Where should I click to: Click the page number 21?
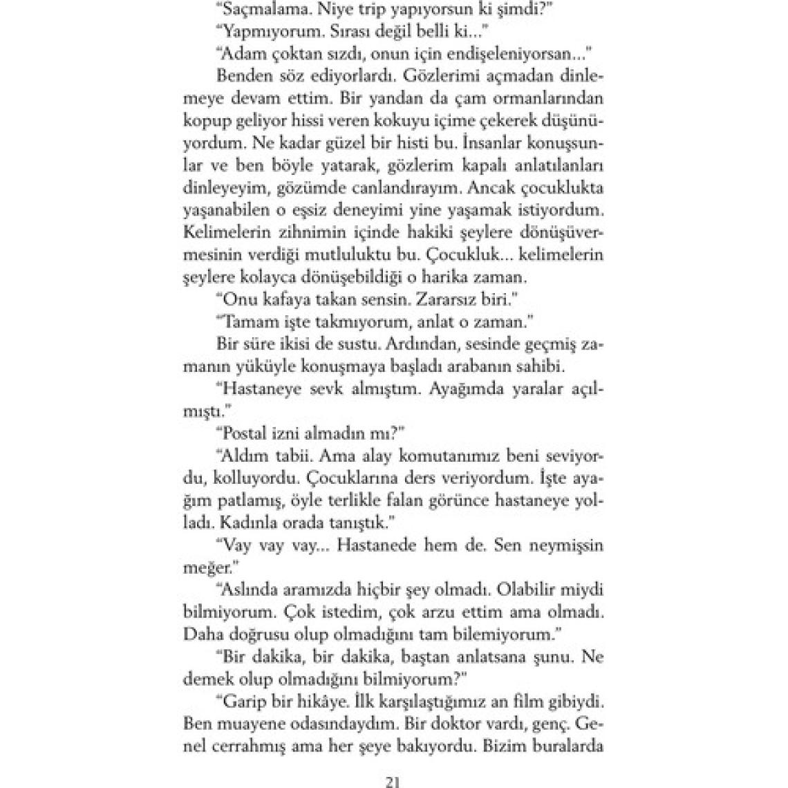[x=393, y=763]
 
